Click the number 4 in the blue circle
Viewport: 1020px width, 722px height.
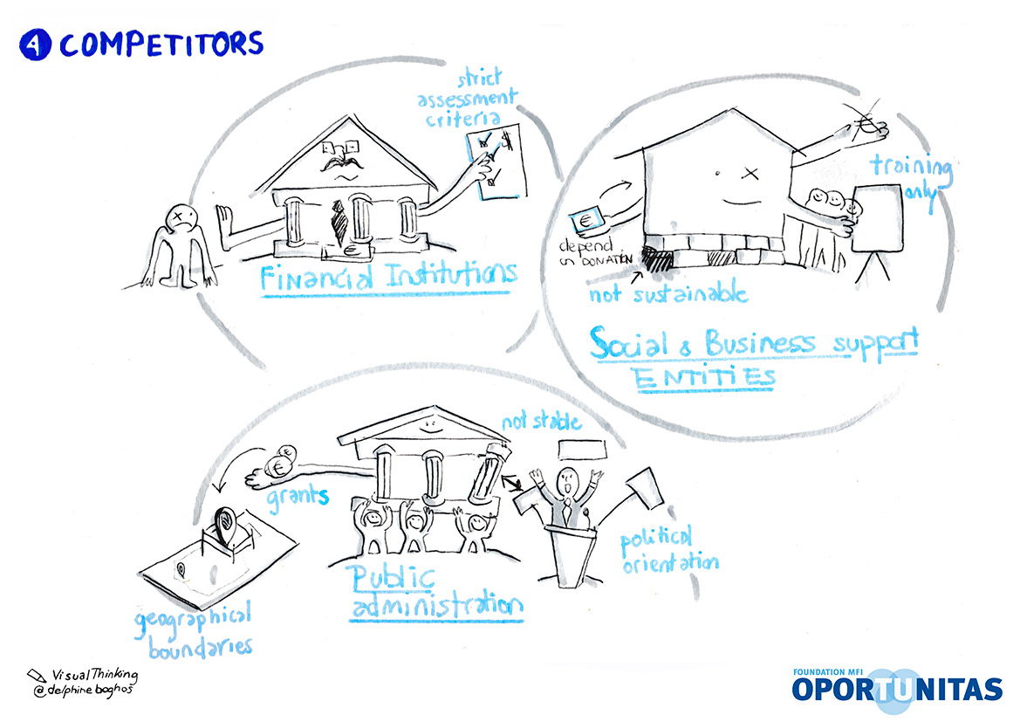click(x=35, y=45)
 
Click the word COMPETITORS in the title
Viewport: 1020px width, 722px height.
click(x=161, y=44)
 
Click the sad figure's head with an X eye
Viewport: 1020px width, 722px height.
click(x=181, y=214)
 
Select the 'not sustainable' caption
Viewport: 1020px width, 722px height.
click(x=668, y=292)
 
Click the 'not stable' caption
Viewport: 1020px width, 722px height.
click(x=541, y=424)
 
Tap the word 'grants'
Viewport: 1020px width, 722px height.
click(x=298, y=497)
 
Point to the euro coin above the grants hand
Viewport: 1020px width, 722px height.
click(x=284, y=462)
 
